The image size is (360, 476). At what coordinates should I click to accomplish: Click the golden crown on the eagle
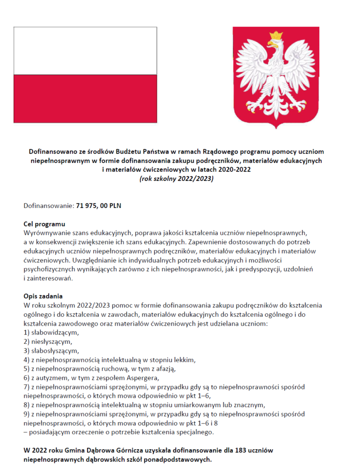pyautogui.click(x=277, y=36)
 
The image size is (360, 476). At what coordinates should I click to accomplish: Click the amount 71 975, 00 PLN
pyautogui.click(x=98, y=205)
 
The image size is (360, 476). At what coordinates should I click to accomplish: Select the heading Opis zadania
pyautogui.click(x=43, y=296)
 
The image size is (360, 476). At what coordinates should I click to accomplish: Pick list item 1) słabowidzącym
pyautogui.click(x=52, y=333)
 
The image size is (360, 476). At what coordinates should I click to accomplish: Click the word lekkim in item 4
pyautogui.click(x=184, y=360)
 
